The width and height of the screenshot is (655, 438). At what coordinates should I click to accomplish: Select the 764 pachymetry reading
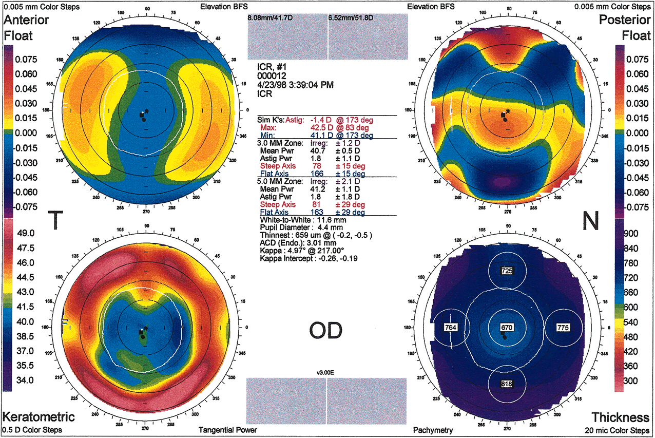(x=450, y=327)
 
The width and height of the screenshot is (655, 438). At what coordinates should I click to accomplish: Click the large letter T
(x=60, y=221)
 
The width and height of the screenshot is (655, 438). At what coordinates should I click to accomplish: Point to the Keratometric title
(x=39, y=417)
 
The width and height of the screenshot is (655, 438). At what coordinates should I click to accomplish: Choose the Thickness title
(x=620, y=417)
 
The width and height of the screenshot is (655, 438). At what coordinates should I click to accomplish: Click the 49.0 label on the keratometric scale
(x=26, y=233)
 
